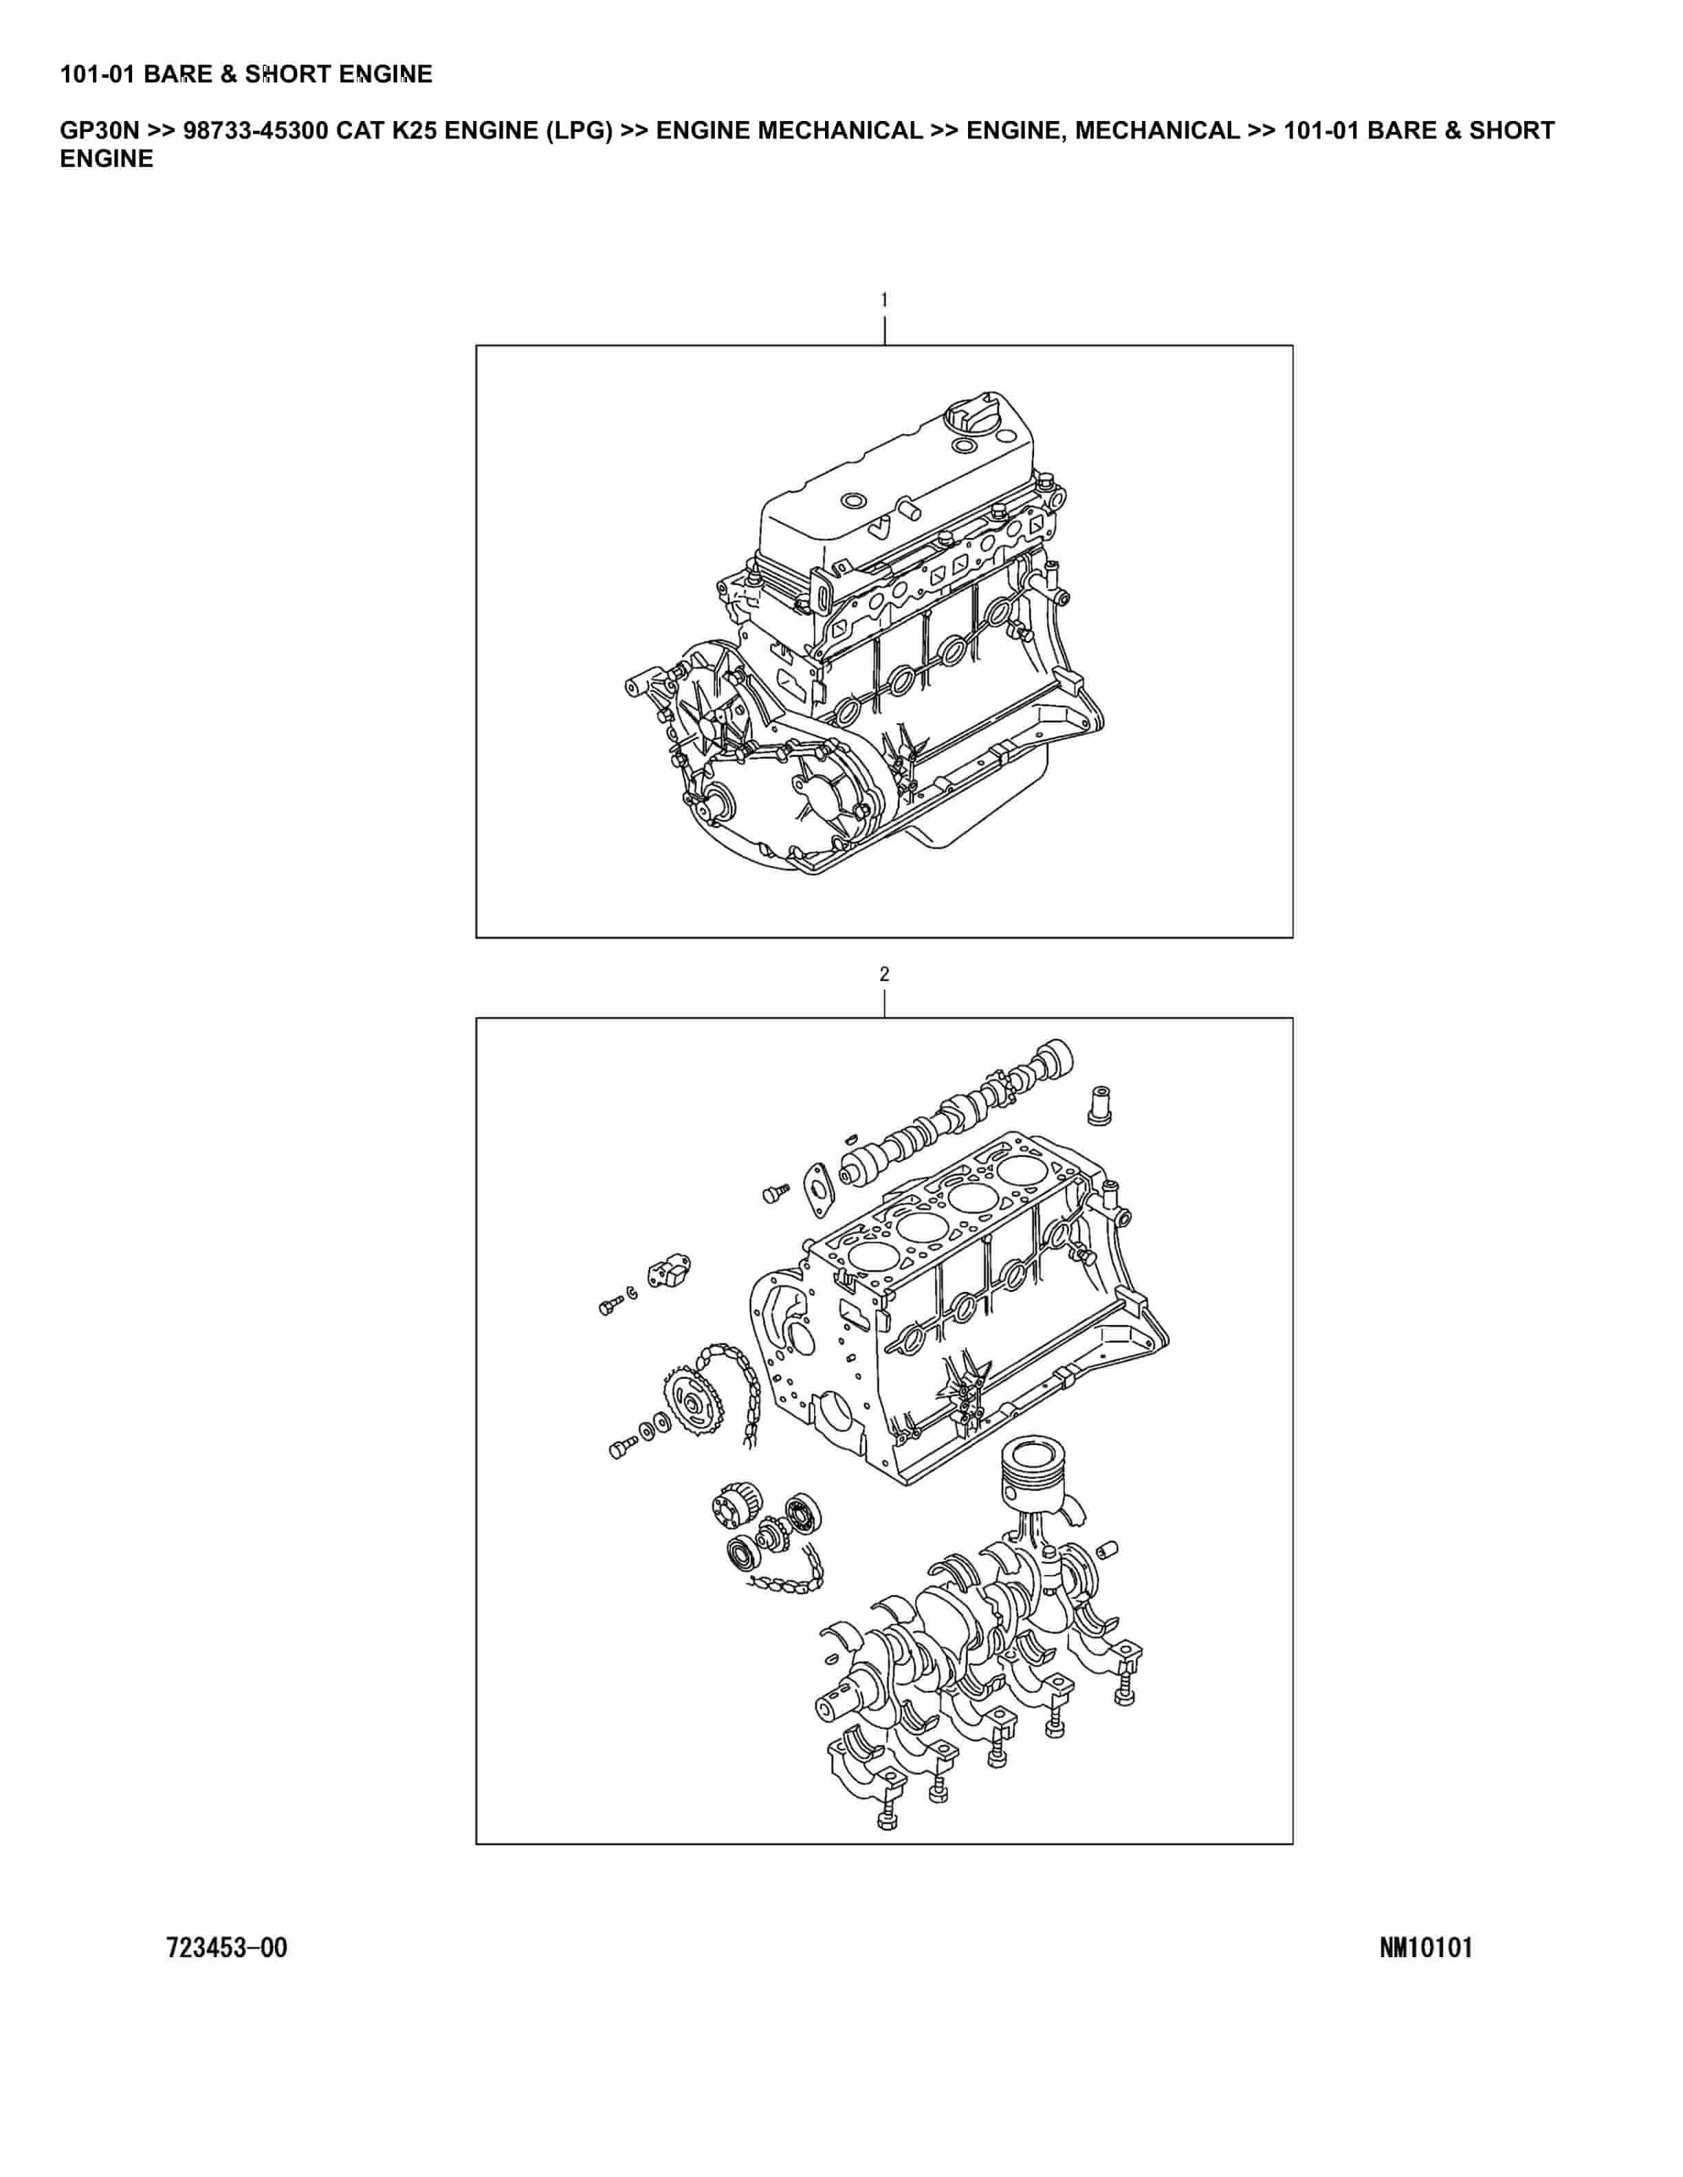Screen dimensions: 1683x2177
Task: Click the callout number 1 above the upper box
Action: pos(883,299)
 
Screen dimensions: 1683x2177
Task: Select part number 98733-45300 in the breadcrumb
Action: pos(256,131)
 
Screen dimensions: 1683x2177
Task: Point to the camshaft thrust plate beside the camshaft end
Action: pos(819,1190)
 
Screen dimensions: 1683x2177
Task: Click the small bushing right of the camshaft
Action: pos(1098,1104)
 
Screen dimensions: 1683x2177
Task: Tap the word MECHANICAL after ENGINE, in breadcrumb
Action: pos(1156,131)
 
